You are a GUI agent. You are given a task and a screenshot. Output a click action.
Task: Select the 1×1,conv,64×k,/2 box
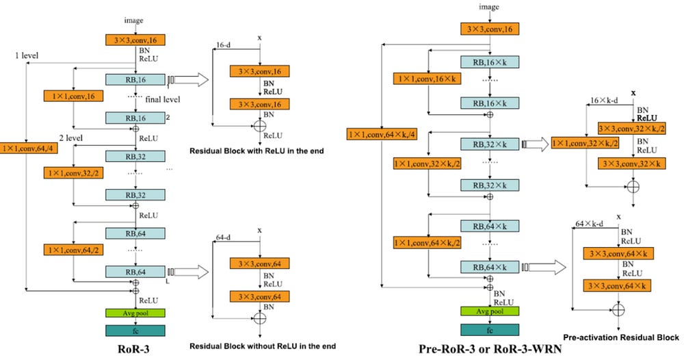coord(425,242)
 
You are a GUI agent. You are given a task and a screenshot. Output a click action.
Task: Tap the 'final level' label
coord(162,99)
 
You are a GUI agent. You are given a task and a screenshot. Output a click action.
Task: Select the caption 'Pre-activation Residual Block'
coord(621,337)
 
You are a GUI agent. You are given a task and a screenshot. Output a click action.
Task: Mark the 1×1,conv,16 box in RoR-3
coord(73,95)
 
